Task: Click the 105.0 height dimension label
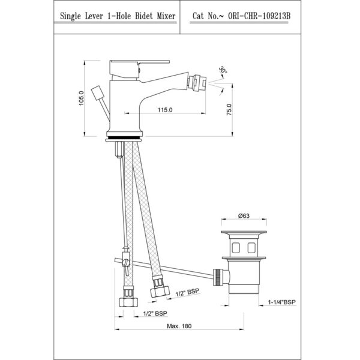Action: [82, 98]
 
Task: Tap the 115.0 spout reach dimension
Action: [165, 110]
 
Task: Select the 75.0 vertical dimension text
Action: [229, 109]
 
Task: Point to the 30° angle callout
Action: [223, 70]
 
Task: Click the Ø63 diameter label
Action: [244, 216]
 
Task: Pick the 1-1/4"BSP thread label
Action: [282, 302]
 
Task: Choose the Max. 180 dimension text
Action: [179, 326]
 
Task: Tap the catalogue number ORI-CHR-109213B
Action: [259, 16]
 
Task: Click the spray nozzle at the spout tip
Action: [197, 83]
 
